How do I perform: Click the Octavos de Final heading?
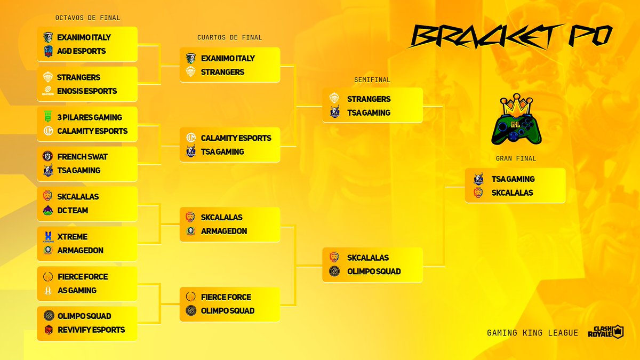tap(87, 18)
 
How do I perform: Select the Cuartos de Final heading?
tap(229, 37)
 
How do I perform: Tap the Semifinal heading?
tap(372, 79)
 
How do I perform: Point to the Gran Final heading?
tap(516, 158)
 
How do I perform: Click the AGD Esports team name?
tap(81, 51)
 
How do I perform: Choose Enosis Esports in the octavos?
tap(86, 91)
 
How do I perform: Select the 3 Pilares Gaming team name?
tap(89, 117)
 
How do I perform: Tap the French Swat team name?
tap(82, 157)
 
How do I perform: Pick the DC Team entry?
tap(72, 210)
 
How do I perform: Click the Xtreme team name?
tap(72, 236)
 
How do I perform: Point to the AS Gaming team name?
tap(76, 290)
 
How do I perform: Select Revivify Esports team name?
tap(91, 330)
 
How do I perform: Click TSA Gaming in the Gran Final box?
tap(513, 179)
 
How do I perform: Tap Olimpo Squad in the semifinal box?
tap(373, 271)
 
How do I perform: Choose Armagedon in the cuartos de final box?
tap(223, 231)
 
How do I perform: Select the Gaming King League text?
tap(532, 333)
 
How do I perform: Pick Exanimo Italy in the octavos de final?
tap(84, 37)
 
